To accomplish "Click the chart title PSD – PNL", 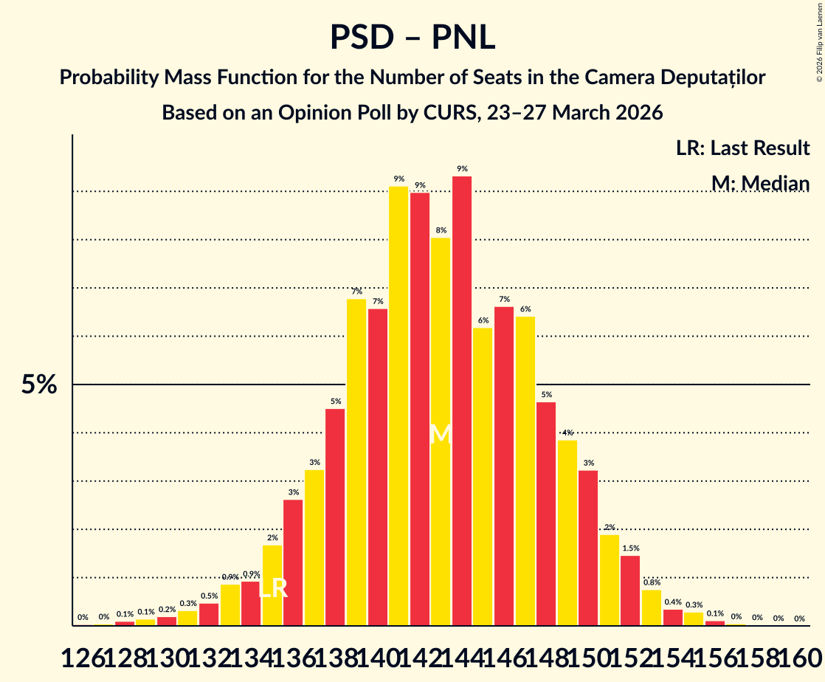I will click(412, 37).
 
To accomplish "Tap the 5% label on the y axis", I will click(38, 385).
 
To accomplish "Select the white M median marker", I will click(441, 434).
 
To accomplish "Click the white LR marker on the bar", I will click(272, 588).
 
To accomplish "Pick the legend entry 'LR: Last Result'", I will click(742, 148).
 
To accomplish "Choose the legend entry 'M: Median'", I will click(760, 183).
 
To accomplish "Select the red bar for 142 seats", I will click(420, 409).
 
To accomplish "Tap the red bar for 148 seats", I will click(546, 514).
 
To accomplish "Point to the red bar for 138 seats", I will click(335, 517).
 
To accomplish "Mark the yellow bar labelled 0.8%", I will click(652, 607).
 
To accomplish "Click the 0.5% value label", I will click(209, 596).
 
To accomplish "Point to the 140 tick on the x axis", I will click(378, 654).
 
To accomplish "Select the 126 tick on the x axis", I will click(83, 654).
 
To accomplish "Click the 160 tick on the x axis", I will click(799, 654).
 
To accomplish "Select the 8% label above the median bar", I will click(441, 230).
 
